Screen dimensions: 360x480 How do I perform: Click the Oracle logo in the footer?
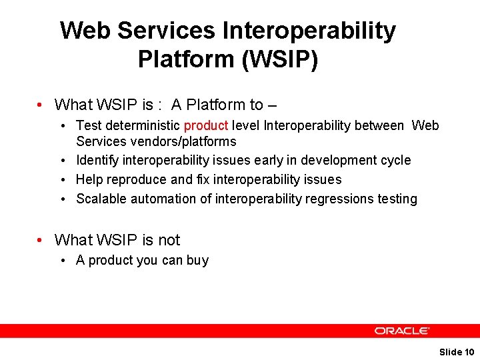401,331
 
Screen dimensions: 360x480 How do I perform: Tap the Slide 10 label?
457,351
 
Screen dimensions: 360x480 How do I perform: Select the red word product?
206,125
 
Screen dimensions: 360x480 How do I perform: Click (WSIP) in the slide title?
280,59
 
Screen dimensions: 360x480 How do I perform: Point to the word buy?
197,260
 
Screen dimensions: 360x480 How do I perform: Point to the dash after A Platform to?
271,105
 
